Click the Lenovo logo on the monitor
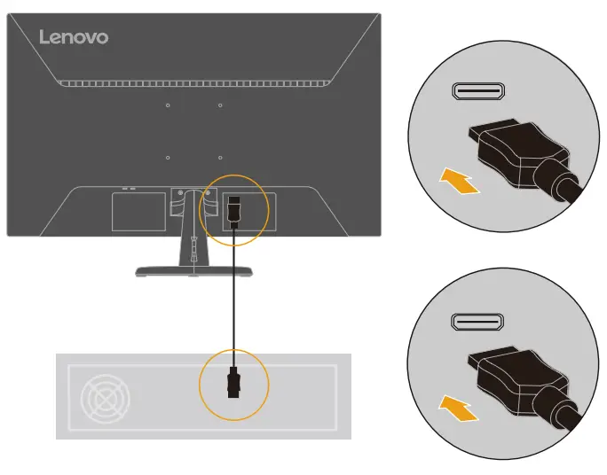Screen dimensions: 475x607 coord(74,37)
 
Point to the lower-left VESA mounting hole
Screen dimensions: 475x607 coord(168,158)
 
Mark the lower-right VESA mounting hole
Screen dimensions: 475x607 coord(220,158)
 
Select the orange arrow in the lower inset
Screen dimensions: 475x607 coord(460,409)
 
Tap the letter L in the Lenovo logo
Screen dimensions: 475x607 coord(45,37)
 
